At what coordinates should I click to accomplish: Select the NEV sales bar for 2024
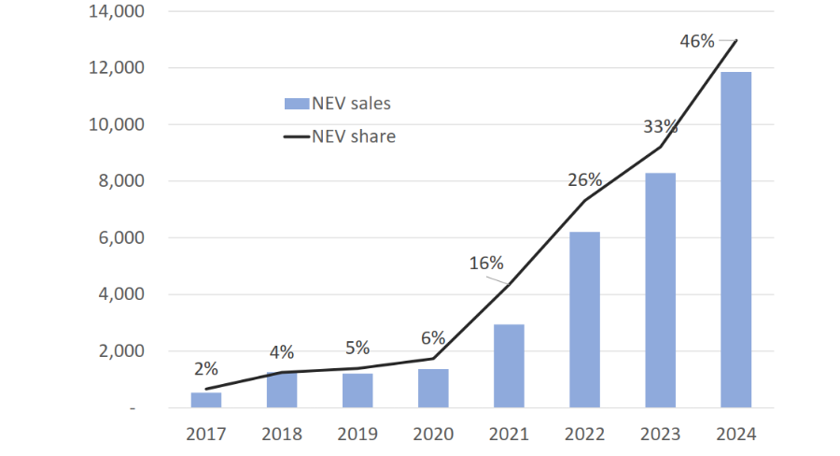(x=735, y=239)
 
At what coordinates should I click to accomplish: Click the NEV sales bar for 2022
(x=584, y=320)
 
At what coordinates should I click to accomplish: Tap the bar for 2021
(x=509, y=365)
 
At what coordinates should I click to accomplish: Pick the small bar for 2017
(x=206, y=400)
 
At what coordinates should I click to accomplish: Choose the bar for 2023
(x=660, y=290)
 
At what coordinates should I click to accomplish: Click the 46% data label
(x=696, y=41)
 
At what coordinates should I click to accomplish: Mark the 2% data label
(x=205, y=369)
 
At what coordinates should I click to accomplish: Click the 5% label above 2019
(x=357, y=347)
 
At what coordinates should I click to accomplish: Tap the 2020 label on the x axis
(x=433, y=435)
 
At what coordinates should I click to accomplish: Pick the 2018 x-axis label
(x=282, y=435)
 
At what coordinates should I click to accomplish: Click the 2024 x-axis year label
(x=735, y=435)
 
